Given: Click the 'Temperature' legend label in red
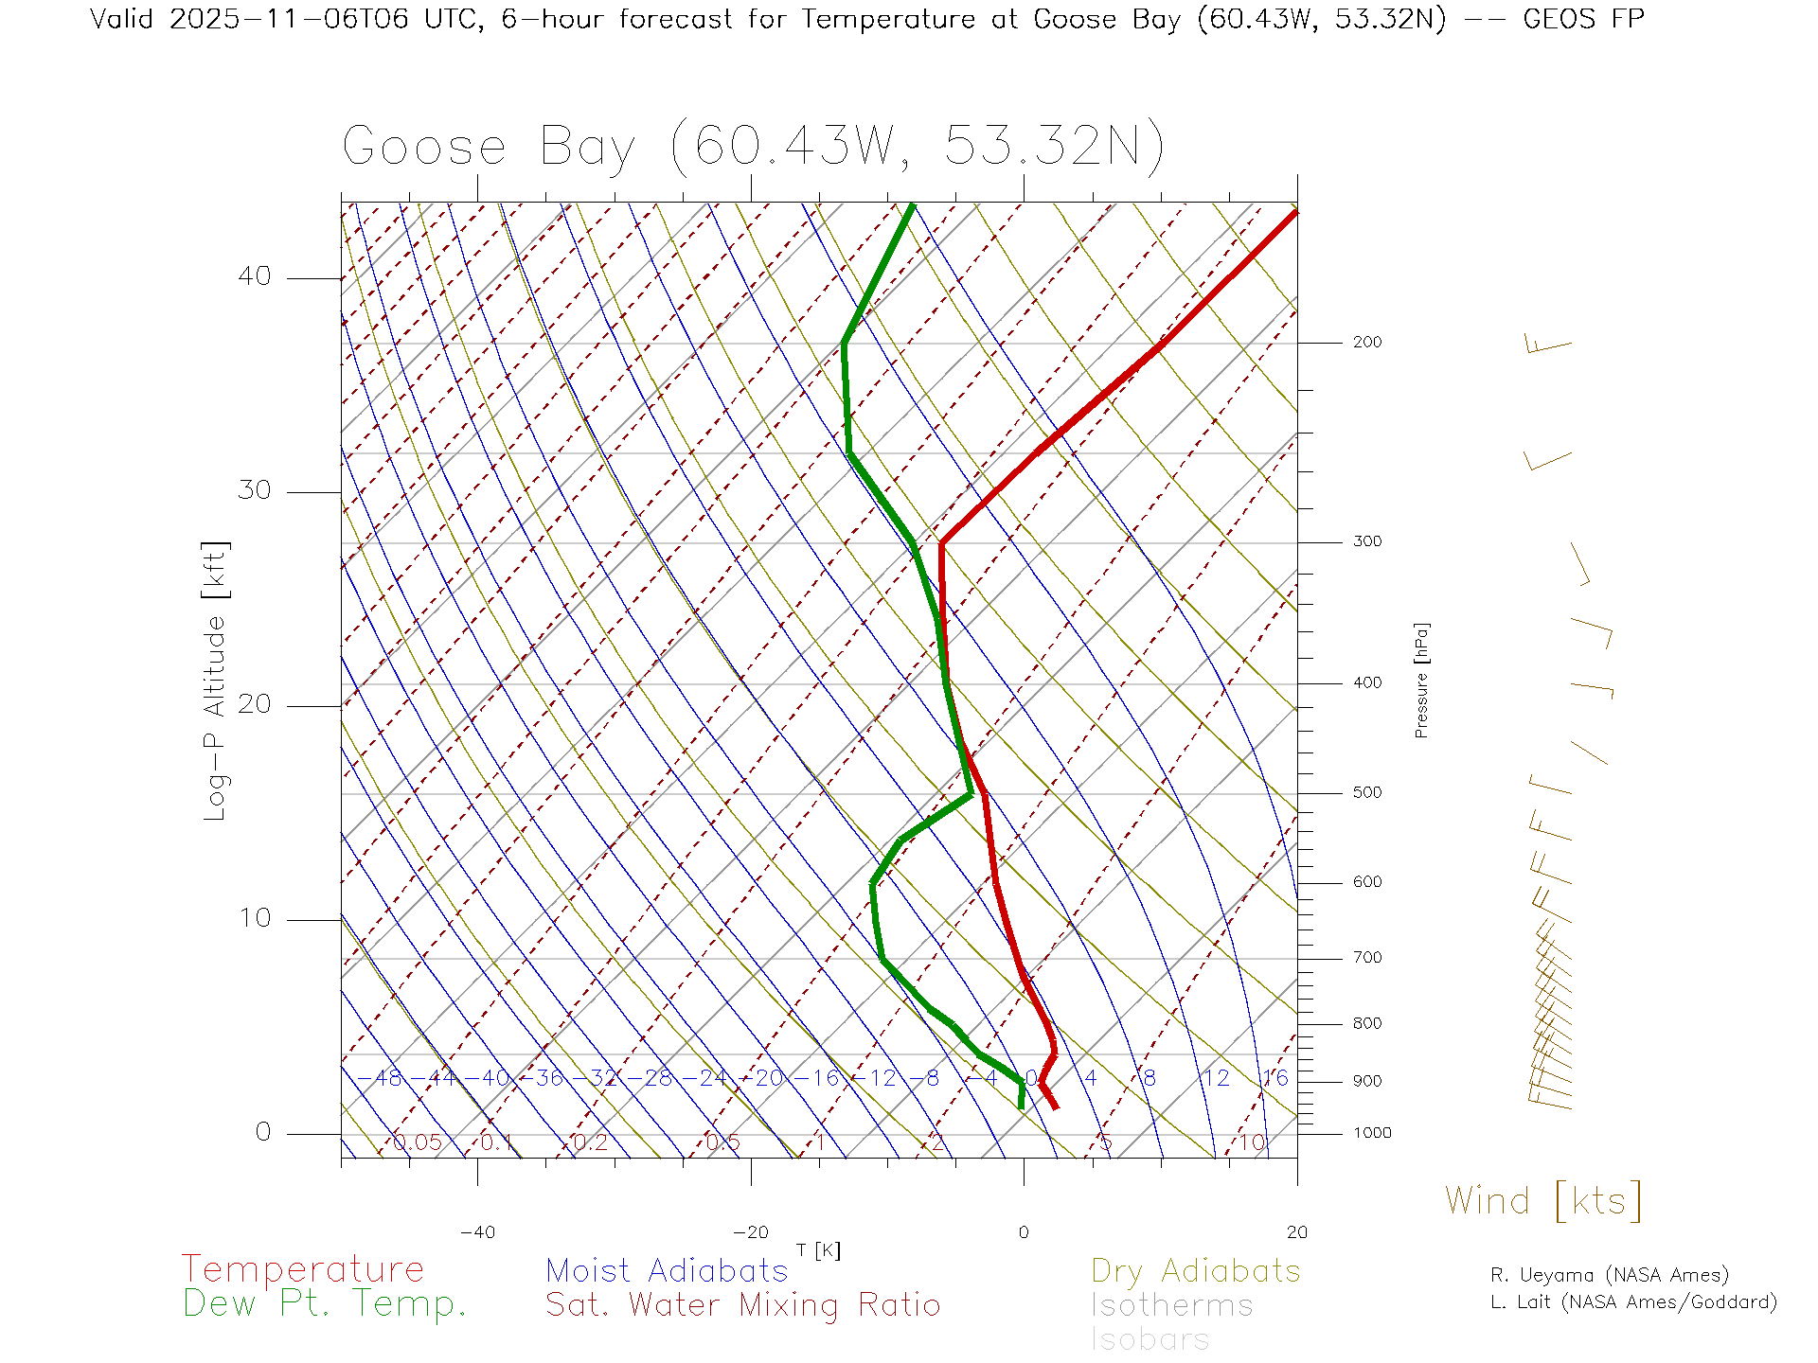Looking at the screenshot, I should (x=302, y=1268).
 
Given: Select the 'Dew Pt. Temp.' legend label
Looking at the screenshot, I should (x=325, y=1304).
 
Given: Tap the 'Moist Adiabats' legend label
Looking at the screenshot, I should (x=667, y=1270).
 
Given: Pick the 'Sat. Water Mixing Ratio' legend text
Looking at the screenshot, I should (x=742, y=1305).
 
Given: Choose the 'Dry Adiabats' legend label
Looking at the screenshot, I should (x=1195, y=1270).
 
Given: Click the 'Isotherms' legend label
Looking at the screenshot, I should (x=1171, y=1305).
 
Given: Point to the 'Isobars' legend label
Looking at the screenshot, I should (x=1150, y=1339).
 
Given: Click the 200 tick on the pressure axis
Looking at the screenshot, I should (x=1367, y=342).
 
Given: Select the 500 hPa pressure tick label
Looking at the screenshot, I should (x=1367, y=792).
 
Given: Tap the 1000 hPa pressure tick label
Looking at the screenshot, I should (x=1372, y=1133).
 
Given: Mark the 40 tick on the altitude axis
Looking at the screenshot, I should (x=254, y=276).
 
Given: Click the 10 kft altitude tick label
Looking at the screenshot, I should (x=254, y=918).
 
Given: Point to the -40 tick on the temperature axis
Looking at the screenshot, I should (x=477, y=1232).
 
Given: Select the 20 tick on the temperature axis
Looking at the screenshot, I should (x=1296, y=1232).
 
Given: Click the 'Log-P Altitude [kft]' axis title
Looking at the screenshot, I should (x=216, y=681).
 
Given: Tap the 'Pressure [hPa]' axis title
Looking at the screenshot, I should (x=1421, y=681).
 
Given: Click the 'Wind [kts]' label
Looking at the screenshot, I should (x=1543, y=1200).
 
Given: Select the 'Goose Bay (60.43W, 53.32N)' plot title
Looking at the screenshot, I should (x=753, y=147).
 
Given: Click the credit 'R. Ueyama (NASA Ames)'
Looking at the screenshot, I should (x=1609, y=1275).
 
